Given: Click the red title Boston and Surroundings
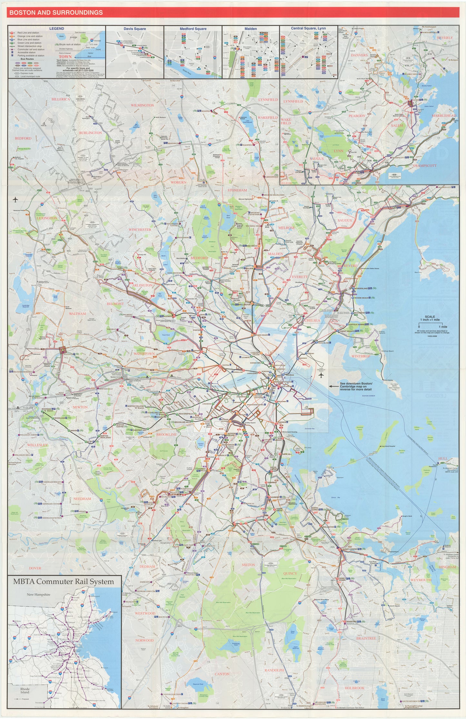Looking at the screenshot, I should [x=56, y=13].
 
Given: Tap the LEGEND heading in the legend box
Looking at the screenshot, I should [x=56, y=28].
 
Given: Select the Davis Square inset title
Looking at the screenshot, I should [x=134, y=29].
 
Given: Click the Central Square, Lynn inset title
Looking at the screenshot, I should [x=308, y=28].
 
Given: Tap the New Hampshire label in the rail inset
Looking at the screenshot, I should [x=38, y=595].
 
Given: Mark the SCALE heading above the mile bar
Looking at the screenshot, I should [x=429, y=317].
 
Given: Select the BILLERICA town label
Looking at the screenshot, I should [x=60, y=100].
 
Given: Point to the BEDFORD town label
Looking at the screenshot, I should [x=23, y=138].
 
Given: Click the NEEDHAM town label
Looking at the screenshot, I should [x=82, y=499].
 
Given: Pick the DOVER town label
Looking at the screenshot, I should [x=35, y=568].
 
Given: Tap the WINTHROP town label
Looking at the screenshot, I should [x=361, y=356].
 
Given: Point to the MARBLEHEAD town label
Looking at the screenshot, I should [x=444, y=116].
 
